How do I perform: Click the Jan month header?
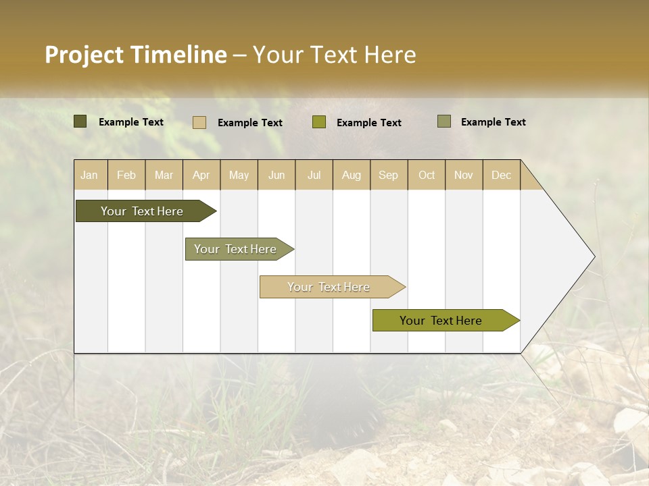90,175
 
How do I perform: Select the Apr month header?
201,175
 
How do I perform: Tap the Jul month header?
314,175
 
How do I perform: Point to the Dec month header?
502,175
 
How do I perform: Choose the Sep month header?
389,175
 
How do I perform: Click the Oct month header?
427,175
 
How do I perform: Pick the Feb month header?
126,175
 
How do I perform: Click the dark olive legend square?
80,122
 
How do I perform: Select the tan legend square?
199,122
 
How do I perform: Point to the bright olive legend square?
319,122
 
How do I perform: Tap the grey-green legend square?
444,122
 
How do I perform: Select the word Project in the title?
83,55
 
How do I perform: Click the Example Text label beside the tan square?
250,123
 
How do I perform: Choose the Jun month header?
277,175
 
